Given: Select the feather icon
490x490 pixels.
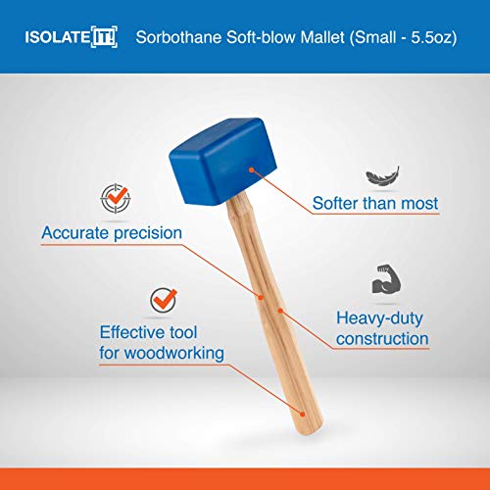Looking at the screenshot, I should pyautogui.click(x=378, y=176).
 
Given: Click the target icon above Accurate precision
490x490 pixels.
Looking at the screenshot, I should pyautogui.click(x=115, y=198).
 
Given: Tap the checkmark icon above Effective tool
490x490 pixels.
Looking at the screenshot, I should pyautogui.click(x=160, y=297).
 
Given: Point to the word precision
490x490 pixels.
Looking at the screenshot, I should pyautogui.click(x=148, y=233).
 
